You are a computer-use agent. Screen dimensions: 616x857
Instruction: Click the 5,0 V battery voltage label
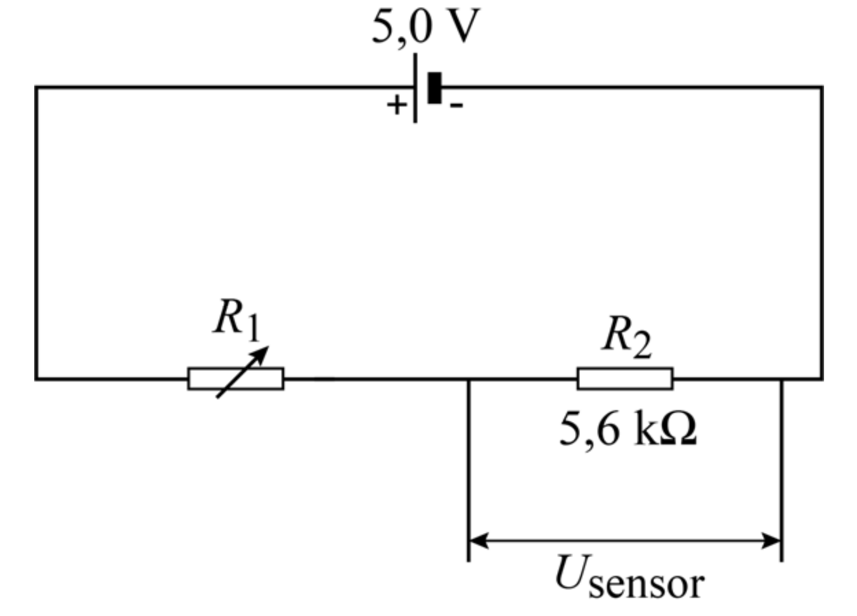425,27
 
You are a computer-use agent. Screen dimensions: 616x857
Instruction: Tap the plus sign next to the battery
396,105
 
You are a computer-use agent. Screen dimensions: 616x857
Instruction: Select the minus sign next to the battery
456,105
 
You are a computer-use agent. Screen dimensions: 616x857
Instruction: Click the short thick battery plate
434,87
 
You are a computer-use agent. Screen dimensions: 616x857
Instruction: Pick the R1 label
236,319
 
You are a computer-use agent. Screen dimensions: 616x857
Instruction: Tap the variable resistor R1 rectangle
236,378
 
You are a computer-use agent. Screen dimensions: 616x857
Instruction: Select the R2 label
626,337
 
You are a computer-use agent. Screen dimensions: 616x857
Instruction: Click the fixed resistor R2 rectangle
625,378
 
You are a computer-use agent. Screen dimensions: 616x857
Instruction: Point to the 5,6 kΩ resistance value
627,430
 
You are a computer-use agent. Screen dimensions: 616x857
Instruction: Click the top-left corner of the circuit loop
36,87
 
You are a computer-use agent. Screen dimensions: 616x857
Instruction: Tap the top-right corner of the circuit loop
822,87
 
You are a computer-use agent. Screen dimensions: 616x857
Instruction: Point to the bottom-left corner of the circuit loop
36,378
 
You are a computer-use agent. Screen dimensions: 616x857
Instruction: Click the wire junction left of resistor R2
468,379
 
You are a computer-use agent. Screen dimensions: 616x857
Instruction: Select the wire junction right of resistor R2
782,379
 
